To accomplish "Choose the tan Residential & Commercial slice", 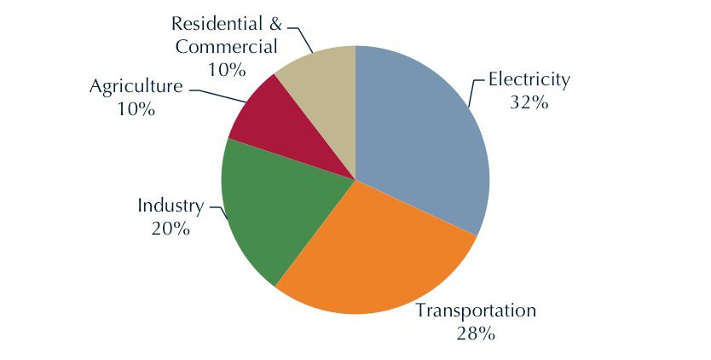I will [324, 81].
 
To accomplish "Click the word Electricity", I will [528, 81].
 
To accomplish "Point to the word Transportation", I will [475, 311].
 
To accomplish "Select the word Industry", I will [171, 206].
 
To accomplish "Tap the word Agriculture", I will [136, 87].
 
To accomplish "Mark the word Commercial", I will [227, 46].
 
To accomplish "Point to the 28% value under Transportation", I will [475, 333].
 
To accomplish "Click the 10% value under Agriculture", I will [136, 109].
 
